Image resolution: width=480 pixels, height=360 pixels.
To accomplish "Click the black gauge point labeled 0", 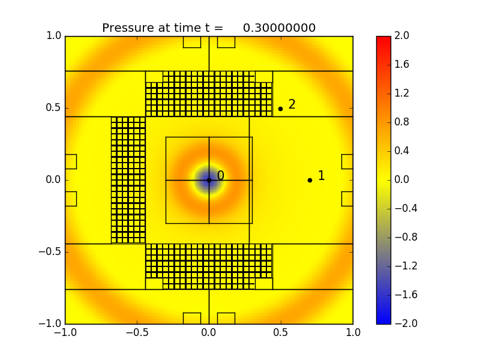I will (209, 180).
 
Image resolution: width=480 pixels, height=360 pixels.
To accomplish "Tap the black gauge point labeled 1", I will (310, 180).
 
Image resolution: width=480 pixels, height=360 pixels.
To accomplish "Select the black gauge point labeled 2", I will (280, 109).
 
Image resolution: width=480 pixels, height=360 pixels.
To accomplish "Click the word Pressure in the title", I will (127, 28).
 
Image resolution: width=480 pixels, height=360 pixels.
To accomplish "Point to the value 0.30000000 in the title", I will (279, 28).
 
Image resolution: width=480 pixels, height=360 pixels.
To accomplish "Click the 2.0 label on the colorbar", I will (402, 36).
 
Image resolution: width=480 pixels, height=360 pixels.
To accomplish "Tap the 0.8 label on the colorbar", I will (402, 122).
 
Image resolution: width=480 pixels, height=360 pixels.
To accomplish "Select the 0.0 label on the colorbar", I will (402, 180).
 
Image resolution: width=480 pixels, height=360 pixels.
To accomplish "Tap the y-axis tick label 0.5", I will (54, 108).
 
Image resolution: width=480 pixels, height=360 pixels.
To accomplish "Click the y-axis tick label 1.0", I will (54, 36).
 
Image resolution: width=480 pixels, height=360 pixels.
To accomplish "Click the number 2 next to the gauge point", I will (292, 104).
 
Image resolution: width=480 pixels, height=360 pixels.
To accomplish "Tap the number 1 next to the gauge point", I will (321, 176).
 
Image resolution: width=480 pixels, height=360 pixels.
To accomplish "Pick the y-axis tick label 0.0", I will (54, 180).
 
